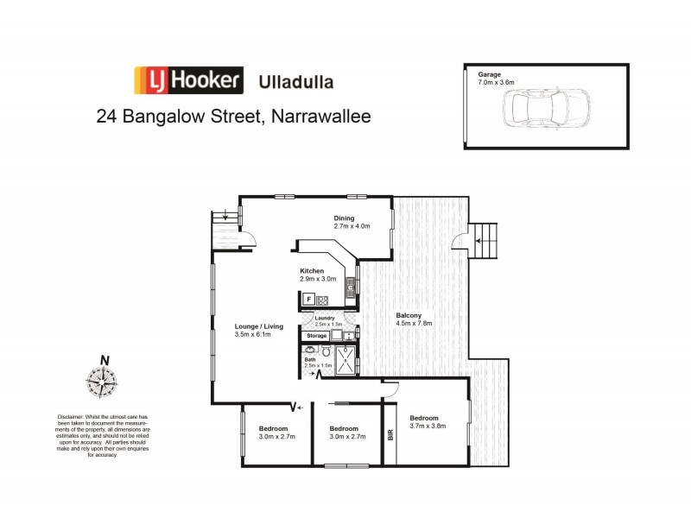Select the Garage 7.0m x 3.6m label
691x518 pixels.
(x=488, y=79)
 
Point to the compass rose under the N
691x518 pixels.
(x=102, y=381)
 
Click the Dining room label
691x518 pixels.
(x=351, y=222)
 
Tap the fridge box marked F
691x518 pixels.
(x=308, y=300)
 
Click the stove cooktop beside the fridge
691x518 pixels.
(x=322, y=300)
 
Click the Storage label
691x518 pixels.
(x=316, y=335)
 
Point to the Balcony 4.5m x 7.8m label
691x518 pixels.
(x=409, y=319)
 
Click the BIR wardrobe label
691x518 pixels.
(x=390, y=434)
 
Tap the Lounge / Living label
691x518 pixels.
(x=258, y=329)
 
